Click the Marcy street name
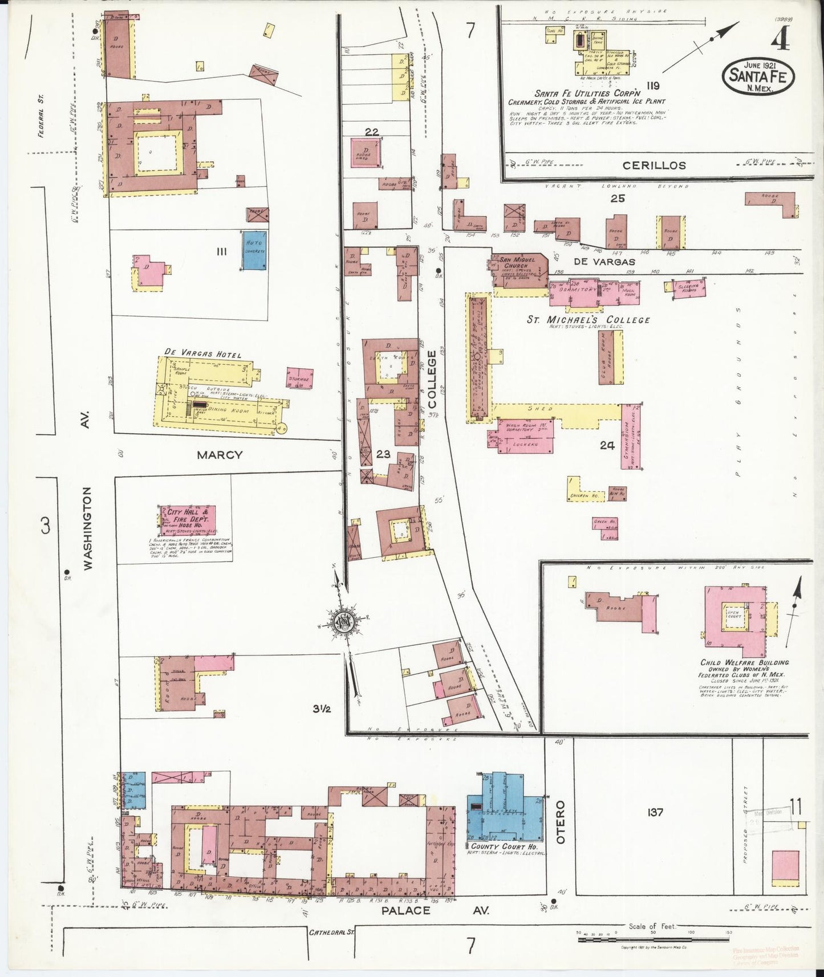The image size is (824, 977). coord(220,455)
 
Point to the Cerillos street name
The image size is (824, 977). coord(653,165)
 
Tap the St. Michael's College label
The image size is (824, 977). coord(588,319)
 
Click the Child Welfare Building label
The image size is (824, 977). coord(744,662)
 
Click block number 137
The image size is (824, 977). coord(655,812)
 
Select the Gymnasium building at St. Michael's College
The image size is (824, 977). coord(631,436)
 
